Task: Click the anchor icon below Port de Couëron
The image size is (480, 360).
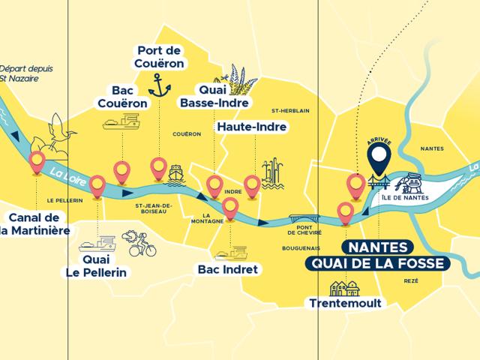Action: (x=159, y=87)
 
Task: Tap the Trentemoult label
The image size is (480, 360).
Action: (x=346, y=303)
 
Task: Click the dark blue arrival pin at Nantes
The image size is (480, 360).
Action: (x=380, y=158)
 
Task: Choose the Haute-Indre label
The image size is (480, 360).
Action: (x=252, y=127)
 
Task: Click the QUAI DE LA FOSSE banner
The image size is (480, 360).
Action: (x=373, y=263)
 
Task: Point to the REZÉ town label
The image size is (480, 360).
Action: (x=409, y=280)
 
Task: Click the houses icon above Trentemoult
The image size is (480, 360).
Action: (x=344, y=286)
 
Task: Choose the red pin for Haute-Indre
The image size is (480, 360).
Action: (x=252, y=184)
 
